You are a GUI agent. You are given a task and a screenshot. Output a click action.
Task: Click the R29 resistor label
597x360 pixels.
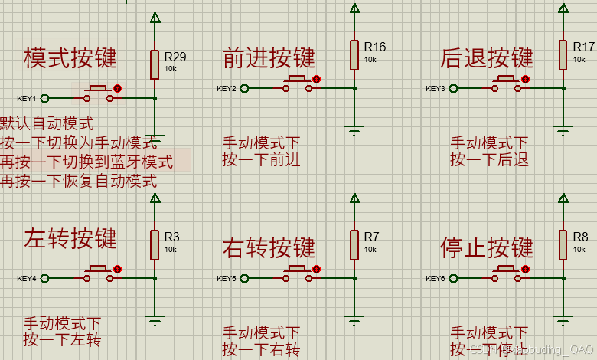(x=175, y=56)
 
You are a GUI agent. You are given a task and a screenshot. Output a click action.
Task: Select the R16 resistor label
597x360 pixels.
(x=375, y=47)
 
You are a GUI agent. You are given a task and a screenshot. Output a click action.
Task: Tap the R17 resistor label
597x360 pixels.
(x=583, y=47)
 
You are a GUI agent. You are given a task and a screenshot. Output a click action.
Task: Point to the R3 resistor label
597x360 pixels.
(x=171, y=237)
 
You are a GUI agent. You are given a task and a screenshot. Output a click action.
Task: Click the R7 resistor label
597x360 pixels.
(x=372, y=237)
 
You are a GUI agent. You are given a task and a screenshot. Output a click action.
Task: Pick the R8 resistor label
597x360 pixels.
(x=580, y=237)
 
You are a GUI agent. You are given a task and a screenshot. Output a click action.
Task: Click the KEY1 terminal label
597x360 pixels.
(x=27, y=98)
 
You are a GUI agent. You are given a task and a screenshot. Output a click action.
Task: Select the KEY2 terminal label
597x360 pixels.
(x=227, y=89)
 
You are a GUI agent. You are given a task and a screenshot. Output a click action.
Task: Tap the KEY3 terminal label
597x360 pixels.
(x=436, y=89)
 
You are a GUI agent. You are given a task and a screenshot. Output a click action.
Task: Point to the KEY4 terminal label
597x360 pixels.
(x=27, y=278)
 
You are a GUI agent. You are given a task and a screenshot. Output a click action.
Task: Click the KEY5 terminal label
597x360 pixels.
(x=227, y=278)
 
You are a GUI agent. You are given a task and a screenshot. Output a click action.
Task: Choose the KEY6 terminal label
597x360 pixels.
(x=436, y=278)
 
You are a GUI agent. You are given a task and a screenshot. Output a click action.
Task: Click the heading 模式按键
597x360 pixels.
(x=70, y=57)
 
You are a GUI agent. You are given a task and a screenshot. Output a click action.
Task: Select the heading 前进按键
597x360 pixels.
(x=269, y=57)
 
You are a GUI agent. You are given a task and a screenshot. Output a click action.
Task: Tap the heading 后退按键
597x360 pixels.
(x=487, y=57)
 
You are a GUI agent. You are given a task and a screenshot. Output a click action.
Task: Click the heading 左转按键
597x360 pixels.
(x=70, y=237)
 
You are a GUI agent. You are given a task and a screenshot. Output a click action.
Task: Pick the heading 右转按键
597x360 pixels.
(x=269, y=247)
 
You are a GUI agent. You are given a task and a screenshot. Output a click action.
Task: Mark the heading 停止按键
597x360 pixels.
(x=487, y=247)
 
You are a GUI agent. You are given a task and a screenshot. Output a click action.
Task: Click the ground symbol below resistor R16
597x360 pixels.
(x=354, y=132)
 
